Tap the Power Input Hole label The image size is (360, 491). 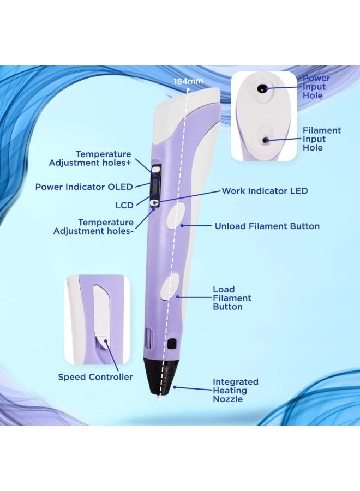[316, 87]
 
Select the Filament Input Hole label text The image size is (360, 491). [322, 139]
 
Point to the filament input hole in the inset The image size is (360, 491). [266, 140]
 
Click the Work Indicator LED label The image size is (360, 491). [265, 191]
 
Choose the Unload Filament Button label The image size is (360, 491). [267, 226]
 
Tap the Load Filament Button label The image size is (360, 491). [232, 298]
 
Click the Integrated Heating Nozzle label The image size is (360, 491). [235, 391]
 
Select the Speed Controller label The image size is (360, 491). [95, 377]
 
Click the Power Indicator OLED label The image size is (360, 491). [84, 187]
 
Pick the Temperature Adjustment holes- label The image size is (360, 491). [93, 226]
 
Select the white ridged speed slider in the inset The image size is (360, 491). [101, 314]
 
